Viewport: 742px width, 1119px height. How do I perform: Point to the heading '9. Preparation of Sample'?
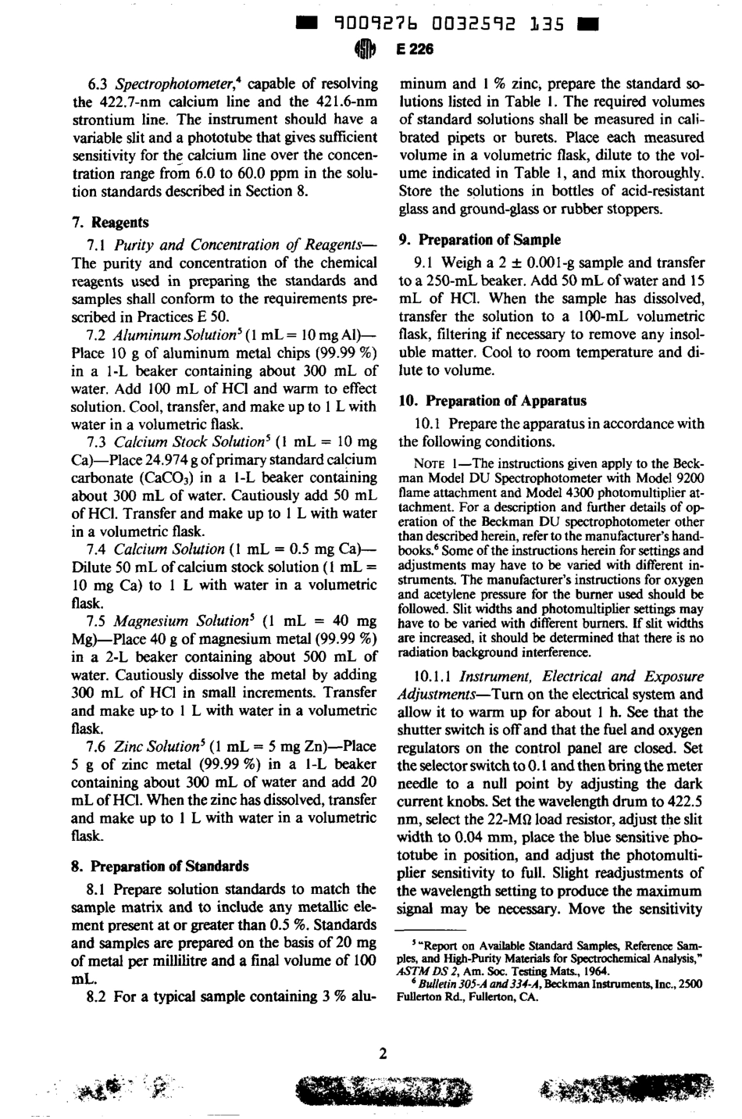[x=480, y=239]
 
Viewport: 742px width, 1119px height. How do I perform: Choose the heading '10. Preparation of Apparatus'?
[x=492, y=401]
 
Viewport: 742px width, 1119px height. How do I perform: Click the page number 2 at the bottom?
[x=383, y=1053]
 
